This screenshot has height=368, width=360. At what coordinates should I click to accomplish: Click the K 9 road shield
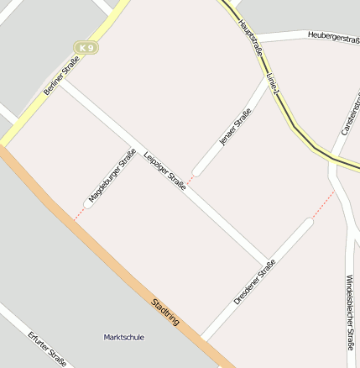(86, 48)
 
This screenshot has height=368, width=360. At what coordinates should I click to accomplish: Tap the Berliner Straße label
(60, 76)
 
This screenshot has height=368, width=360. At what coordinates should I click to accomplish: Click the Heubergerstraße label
(332, 35)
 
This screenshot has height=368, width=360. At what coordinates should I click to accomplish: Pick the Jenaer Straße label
(235, 129)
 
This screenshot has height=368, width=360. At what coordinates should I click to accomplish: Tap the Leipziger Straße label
(164, 171)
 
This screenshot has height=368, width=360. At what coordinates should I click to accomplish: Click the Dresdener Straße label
(255, 282)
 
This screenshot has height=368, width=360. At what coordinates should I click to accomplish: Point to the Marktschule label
(123, 337)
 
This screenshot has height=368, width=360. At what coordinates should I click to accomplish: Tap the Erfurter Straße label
(47, 349)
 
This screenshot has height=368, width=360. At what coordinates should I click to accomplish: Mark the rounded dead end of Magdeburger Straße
(88, 203)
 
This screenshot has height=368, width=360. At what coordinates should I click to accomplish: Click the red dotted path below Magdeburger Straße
(78, 214)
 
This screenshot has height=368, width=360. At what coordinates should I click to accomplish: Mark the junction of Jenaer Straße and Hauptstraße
(269, 80)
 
